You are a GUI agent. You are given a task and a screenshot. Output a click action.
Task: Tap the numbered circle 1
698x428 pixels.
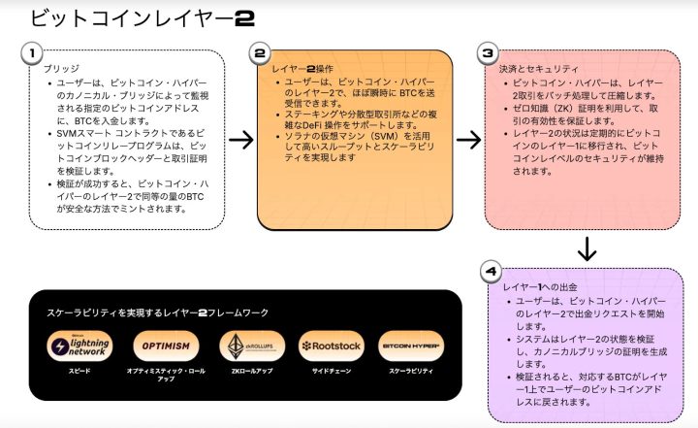pos(32,52)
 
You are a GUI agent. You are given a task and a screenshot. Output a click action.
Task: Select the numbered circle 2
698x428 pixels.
pos(259,53)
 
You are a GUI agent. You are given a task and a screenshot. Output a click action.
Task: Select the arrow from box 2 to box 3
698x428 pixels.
pos(468,139)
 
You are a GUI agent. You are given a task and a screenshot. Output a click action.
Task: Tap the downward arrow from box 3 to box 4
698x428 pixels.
pos(586,250)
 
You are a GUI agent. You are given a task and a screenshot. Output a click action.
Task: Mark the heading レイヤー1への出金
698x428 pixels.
pos(540,289)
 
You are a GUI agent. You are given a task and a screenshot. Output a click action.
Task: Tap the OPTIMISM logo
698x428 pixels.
pos(165,346)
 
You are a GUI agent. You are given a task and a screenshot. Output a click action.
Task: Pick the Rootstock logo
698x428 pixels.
pos(330,346)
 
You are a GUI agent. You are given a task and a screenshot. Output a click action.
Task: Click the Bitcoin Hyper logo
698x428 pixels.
pos(410,346)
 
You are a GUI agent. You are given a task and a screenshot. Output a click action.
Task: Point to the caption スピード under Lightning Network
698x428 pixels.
pos(79,372)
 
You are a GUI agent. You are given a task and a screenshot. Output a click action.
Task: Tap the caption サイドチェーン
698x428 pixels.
pos(330,372)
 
